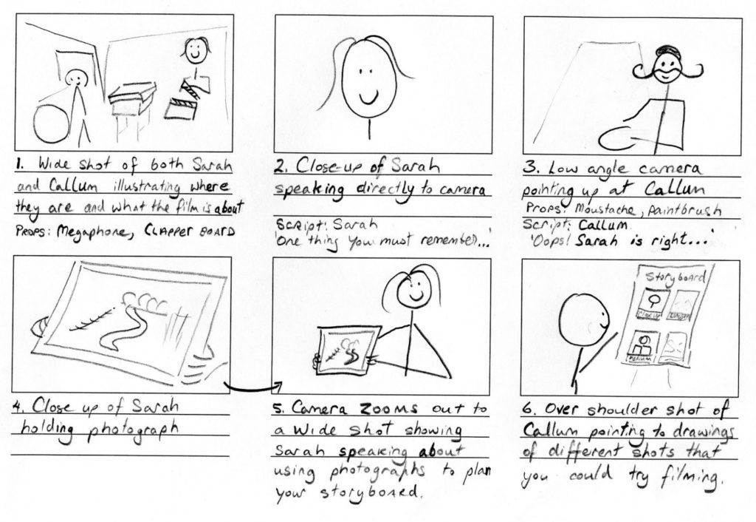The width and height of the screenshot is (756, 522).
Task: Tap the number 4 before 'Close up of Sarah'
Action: point(20,409)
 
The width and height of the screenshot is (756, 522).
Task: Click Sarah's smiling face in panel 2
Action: point(368,78)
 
